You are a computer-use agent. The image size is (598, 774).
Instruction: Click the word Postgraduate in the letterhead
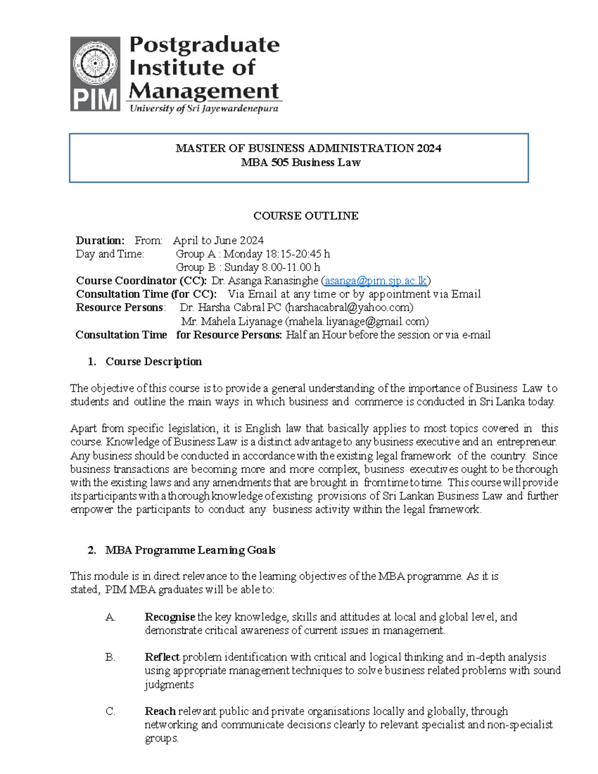(204, 45)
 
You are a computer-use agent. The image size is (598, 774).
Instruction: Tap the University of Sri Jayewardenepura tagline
(204, 109)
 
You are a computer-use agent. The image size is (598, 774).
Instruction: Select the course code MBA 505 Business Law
(300, 162)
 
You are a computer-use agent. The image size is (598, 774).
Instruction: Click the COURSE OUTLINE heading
(305, 216)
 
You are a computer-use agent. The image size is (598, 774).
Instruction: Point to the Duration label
(100, 241)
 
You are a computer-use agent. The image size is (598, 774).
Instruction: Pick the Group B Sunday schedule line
(248, 268)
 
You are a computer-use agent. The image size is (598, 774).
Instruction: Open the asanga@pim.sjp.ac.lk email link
(376, 281)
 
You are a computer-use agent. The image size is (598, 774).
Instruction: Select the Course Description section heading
(153, 362)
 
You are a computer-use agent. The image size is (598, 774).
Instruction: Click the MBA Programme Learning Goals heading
(190, 550)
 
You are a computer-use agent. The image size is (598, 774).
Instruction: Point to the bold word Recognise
(170, 617)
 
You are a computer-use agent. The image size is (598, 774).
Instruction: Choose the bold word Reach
(160, 711)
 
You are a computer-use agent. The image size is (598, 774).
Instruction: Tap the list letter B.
(110, 657)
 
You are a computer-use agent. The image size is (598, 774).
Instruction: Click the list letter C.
(110, 711)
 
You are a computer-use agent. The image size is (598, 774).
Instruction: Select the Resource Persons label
(120, 308)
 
